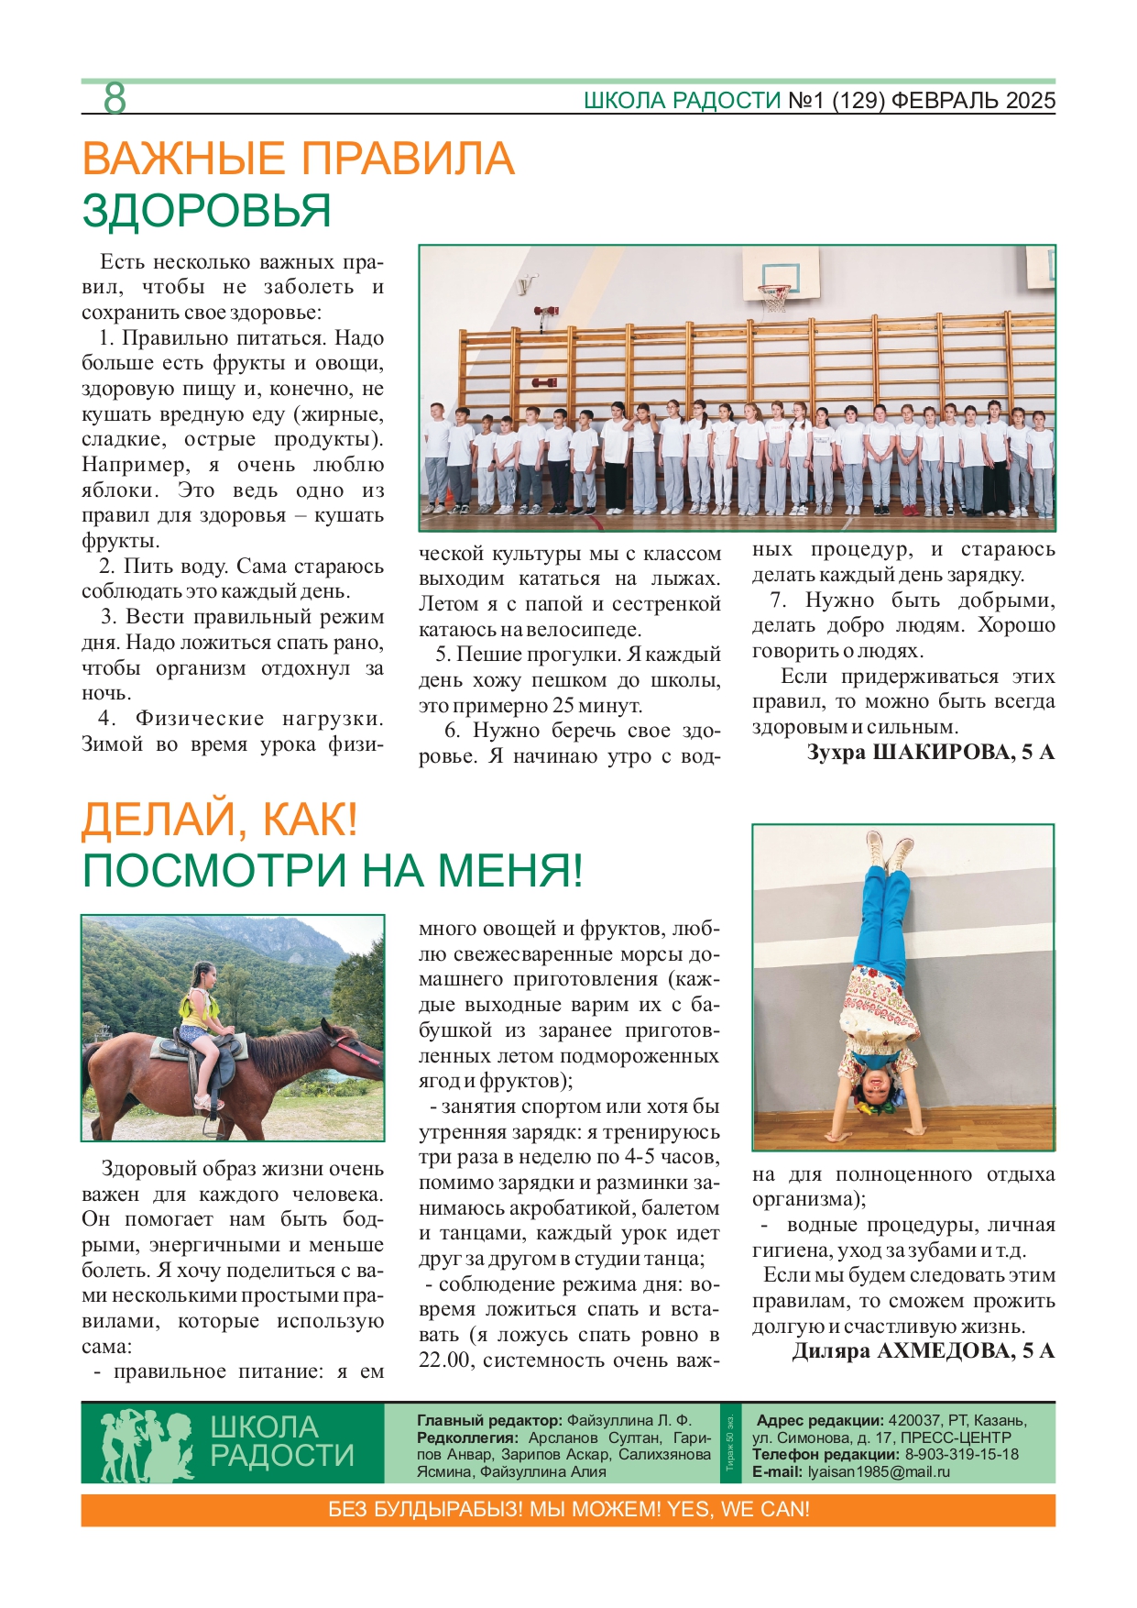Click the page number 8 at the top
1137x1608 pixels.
(115, 98)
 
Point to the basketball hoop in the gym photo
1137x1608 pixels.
(774, 296)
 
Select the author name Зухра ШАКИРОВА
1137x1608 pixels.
(931, 753)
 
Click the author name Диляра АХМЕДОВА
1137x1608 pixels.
(923, 1350)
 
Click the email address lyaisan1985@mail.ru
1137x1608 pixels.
(878, 1471)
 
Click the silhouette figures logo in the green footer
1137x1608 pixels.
(147, 1444)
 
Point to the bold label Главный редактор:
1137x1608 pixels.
(489, 1420)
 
